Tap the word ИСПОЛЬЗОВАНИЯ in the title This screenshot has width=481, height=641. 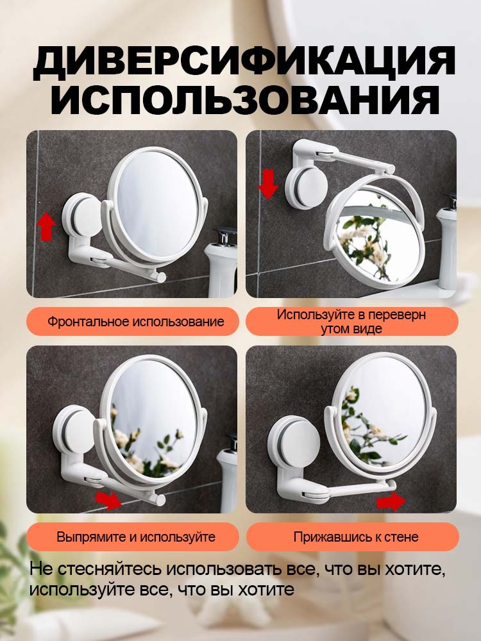[245, 99]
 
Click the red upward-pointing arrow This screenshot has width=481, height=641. [46, 226]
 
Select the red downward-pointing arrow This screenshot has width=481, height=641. [268, 185]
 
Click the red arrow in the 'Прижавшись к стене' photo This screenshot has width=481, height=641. [391, 502]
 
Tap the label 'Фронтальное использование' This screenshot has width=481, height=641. [136, 321]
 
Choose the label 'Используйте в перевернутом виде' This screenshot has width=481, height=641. [351, 321]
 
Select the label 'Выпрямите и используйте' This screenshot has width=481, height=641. [136, 537]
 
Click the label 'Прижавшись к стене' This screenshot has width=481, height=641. [356, 537]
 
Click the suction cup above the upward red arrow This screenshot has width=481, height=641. [82, 215]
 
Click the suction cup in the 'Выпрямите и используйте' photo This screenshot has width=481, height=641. [75, 431]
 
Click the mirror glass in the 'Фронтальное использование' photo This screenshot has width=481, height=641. [156, 204]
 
